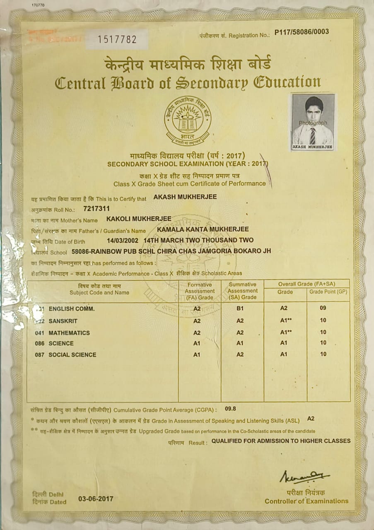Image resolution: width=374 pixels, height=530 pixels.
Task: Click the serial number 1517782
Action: click(x=117, y=39)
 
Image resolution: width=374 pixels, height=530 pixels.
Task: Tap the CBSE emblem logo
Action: click(x=187, y=120)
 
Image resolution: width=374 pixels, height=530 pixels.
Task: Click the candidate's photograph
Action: click(x=313, y=122)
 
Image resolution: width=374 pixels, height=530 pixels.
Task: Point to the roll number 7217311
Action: click(x=97, y=208)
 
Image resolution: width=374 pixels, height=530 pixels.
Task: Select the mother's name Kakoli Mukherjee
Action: click(x=139, y=219)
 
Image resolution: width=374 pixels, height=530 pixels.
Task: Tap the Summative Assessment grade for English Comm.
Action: click(x=240, y=308)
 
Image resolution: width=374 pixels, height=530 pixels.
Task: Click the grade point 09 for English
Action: click(x=323, y=308)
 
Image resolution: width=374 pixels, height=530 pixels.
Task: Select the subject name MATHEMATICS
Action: click(x=69, y=333)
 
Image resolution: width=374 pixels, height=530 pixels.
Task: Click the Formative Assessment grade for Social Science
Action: click(x=197, y=354)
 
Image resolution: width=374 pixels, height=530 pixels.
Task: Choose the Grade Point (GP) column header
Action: click(x=328, y=292)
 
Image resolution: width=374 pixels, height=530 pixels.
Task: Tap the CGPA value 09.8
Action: click(x=230, y=409)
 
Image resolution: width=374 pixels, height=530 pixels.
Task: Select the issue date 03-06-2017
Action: click(x=96, y=499)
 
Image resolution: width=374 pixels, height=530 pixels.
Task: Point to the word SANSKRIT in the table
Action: click(x=63, y=321)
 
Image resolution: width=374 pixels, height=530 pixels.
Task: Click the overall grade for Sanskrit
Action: click(x=284, y=320)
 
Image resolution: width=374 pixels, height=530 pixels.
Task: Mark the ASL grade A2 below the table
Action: click(x=311, y=419)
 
